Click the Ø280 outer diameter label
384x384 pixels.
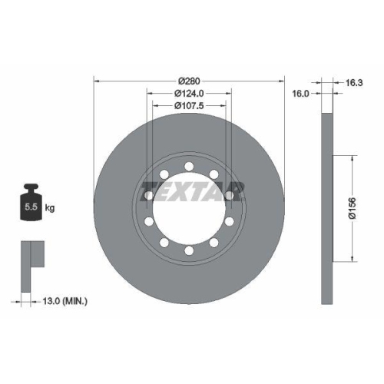coord(189,81)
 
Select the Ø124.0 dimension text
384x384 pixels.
coord(189,93)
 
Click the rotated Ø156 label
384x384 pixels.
coord(351,208)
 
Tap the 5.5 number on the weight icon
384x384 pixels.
coord(30,207)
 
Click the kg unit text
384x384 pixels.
coord(50,207)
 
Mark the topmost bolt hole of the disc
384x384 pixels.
coord(189,164)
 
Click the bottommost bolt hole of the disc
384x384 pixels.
coord(189,252)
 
